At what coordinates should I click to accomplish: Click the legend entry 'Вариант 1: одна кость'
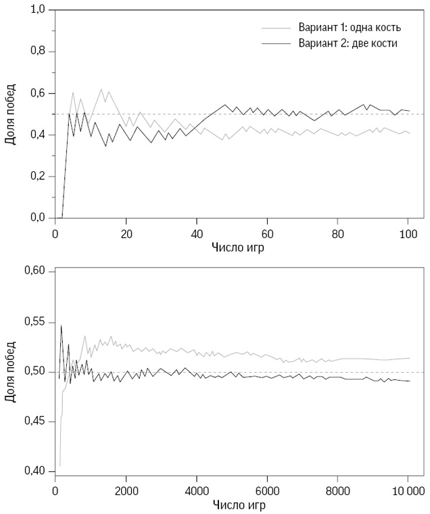(349, 28)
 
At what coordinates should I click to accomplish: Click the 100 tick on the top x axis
(407, 233)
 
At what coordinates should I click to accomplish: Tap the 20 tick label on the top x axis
(125, 233)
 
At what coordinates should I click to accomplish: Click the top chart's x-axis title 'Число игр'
(231, 248)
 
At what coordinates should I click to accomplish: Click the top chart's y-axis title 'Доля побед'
(11, 114)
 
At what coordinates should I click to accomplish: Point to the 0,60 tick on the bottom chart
(35, 271)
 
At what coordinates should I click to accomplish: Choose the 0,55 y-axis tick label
(35, 322)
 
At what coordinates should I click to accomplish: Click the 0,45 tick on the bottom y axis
(35, 421)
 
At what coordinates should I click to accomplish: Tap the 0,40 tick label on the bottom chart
(35, 471)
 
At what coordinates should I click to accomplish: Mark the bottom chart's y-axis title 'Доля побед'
(11, 371)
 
